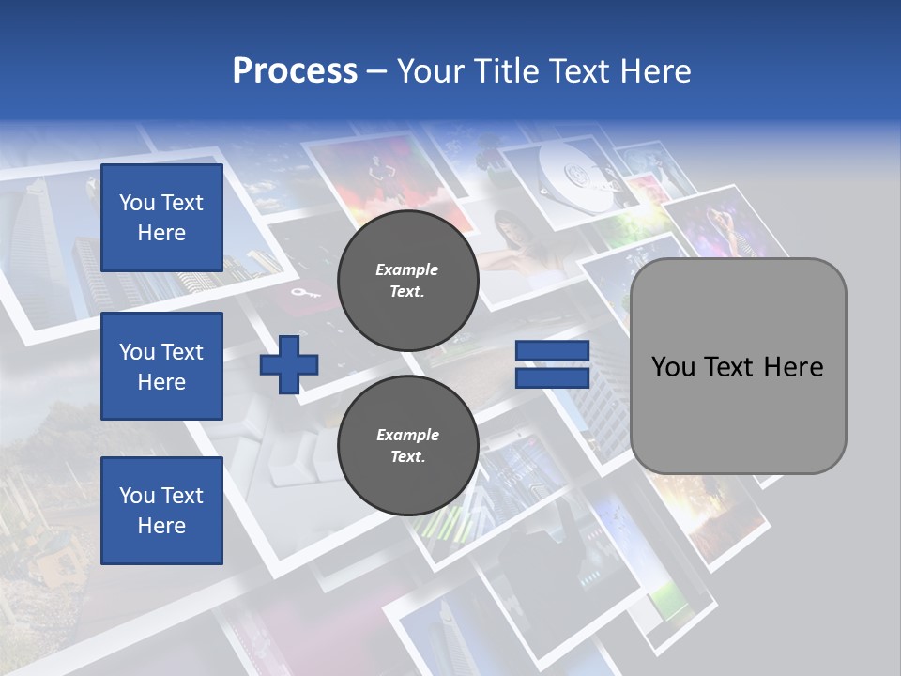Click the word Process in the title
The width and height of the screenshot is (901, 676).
295,71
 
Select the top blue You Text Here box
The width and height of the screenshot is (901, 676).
161,218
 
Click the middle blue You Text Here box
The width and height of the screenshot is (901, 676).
161,366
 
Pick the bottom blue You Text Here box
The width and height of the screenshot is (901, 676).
161,511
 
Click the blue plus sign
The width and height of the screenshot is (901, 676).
289,364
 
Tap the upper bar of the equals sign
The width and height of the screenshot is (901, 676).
552,350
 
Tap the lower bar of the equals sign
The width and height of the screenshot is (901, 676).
552,377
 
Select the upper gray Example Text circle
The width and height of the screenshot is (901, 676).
407,281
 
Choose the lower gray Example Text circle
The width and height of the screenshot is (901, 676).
407,446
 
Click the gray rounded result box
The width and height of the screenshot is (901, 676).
738,366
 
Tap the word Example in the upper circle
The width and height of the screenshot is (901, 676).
407,269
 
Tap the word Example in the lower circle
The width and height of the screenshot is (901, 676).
407,435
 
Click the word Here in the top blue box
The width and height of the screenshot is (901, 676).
161,233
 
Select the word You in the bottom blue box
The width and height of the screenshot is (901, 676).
137,496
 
